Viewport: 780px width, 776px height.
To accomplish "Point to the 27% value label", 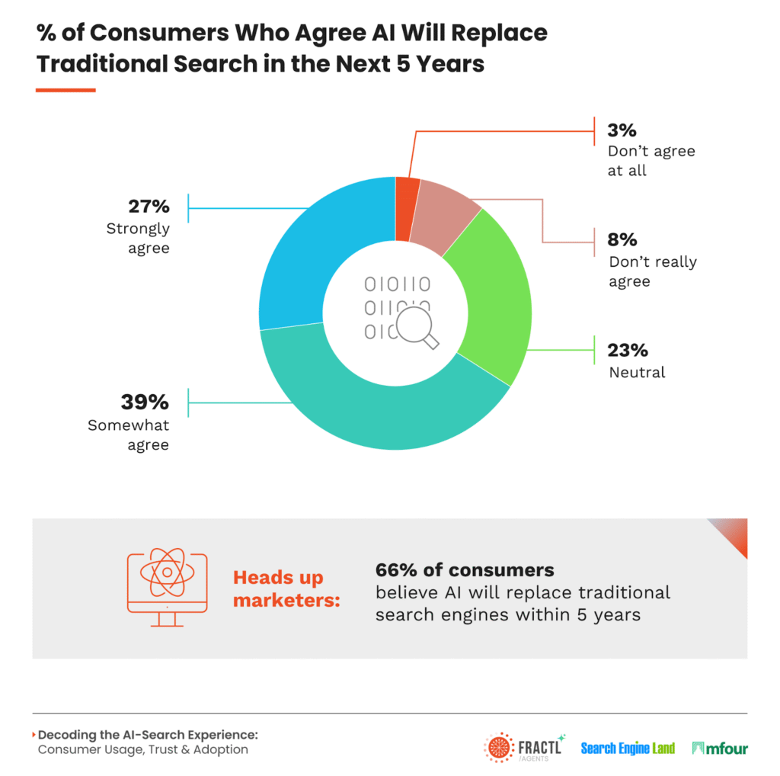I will pyautogui.click(x=149, y=207).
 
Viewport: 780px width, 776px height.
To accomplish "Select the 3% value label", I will pyautogui.click(x=622, y=130).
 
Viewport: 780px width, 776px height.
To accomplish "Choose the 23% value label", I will pyautogui.click(x=628, y=350).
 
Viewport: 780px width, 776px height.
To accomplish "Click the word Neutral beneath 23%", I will pyautogui.click(x=637, y=373).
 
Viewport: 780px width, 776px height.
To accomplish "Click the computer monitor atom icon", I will pyautogui.click(x=166, y=583).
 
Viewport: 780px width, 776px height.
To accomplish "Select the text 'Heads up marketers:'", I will pyautogui.click(x=286, y=589).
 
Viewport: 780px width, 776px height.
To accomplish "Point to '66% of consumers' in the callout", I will pyautogui.click(x=465, y=570).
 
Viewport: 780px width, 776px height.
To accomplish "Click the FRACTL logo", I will pyautogui.click(x=523, y=747).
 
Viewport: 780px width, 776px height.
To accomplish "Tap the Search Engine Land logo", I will pyautogui.click(x=628, y=749).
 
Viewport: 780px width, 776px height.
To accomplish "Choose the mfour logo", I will pyautogui.click(x=719, y=749).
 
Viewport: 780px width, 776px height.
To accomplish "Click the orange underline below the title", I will pyautogui.click(x=66, y=90).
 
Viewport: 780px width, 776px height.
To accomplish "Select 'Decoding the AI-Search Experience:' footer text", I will pyautogui.click(x=148, y=735).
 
